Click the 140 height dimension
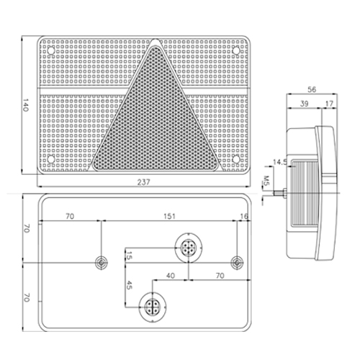click(x=25, y=105)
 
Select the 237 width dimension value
click(x=143, y=182)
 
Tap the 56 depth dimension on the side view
click(x=312, y=89)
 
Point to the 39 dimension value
click(x=304, y=104)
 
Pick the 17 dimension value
click(x=330, y=104)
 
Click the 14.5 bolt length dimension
click(x=280, y=162)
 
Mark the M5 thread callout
click(x=266, y=181)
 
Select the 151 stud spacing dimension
click(x=169, y=216)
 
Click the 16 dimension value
click(x=244, y=216)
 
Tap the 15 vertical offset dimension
click(x=129, y=256)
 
